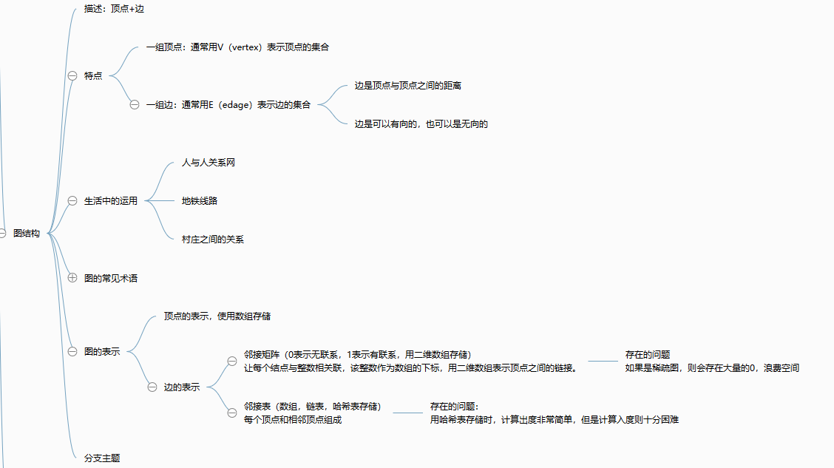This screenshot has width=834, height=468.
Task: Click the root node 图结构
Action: pos(27,234)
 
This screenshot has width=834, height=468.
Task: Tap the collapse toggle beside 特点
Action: pos(72,75)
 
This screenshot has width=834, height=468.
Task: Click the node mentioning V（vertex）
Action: pos(237,47)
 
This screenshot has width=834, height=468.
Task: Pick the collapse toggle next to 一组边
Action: pos(135,104)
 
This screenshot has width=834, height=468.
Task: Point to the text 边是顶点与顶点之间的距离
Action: pos(408,86)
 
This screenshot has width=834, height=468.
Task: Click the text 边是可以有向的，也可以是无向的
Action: pos(421,124)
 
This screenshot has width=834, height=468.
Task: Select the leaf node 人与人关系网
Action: pos(208,162)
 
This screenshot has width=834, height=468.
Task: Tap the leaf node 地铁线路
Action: pos(200,200)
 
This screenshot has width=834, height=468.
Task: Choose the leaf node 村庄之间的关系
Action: pos(213,239)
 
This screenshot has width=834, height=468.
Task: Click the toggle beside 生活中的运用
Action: pos(72,200)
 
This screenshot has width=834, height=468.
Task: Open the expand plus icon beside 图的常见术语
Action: pos(72,278)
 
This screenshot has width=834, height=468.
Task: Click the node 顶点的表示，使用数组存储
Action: pos(217,316)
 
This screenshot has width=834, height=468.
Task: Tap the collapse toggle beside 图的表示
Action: pos(72,351)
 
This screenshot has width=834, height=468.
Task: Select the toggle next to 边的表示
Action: pos(152,387)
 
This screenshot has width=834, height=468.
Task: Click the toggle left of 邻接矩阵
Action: pos(232,361)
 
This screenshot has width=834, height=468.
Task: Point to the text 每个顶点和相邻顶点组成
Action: pos(293,420)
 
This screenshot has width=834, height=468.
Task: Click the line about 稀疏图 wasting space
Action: pos(712,368)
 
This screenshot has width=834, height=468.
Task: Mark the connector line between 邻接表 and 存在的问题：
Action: pos(407,413)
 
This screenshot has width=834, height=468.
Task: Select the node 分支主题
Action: pos(102,458)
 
